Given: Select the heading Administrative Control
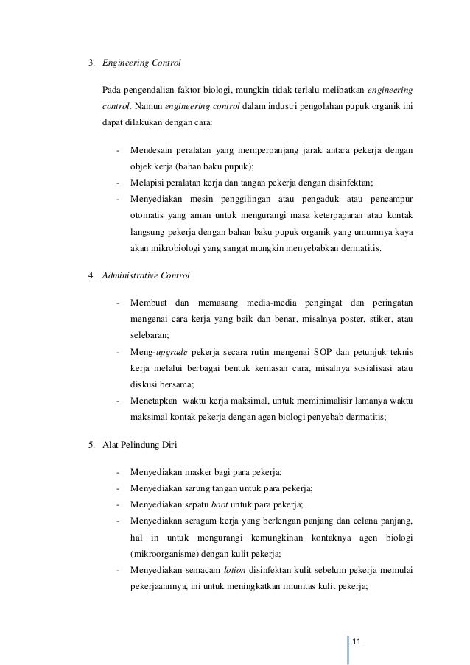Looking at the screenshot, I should pos(144,276).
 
